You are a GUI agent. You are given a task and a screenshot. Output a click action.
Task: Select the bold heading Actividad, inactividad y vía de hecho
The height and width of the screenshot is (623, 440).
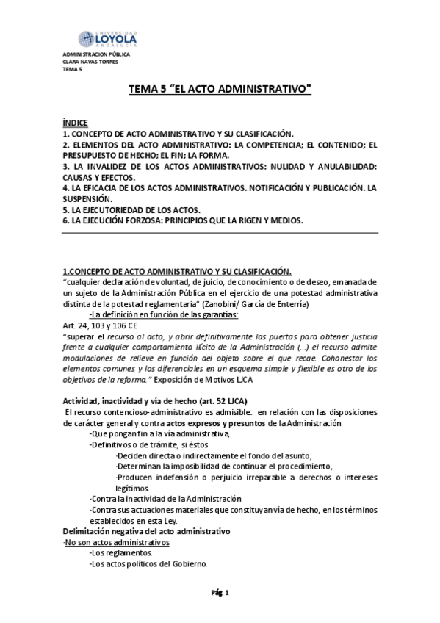coord(155,400)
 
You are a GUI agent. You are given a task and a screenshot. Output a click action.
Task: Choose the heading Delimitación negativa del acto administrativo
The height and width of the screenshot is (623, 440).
coord(146,531)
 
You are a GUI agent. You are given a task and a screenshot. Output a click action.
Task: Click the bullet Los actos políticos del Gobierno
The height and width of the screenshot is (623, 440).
coord(148,564)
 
